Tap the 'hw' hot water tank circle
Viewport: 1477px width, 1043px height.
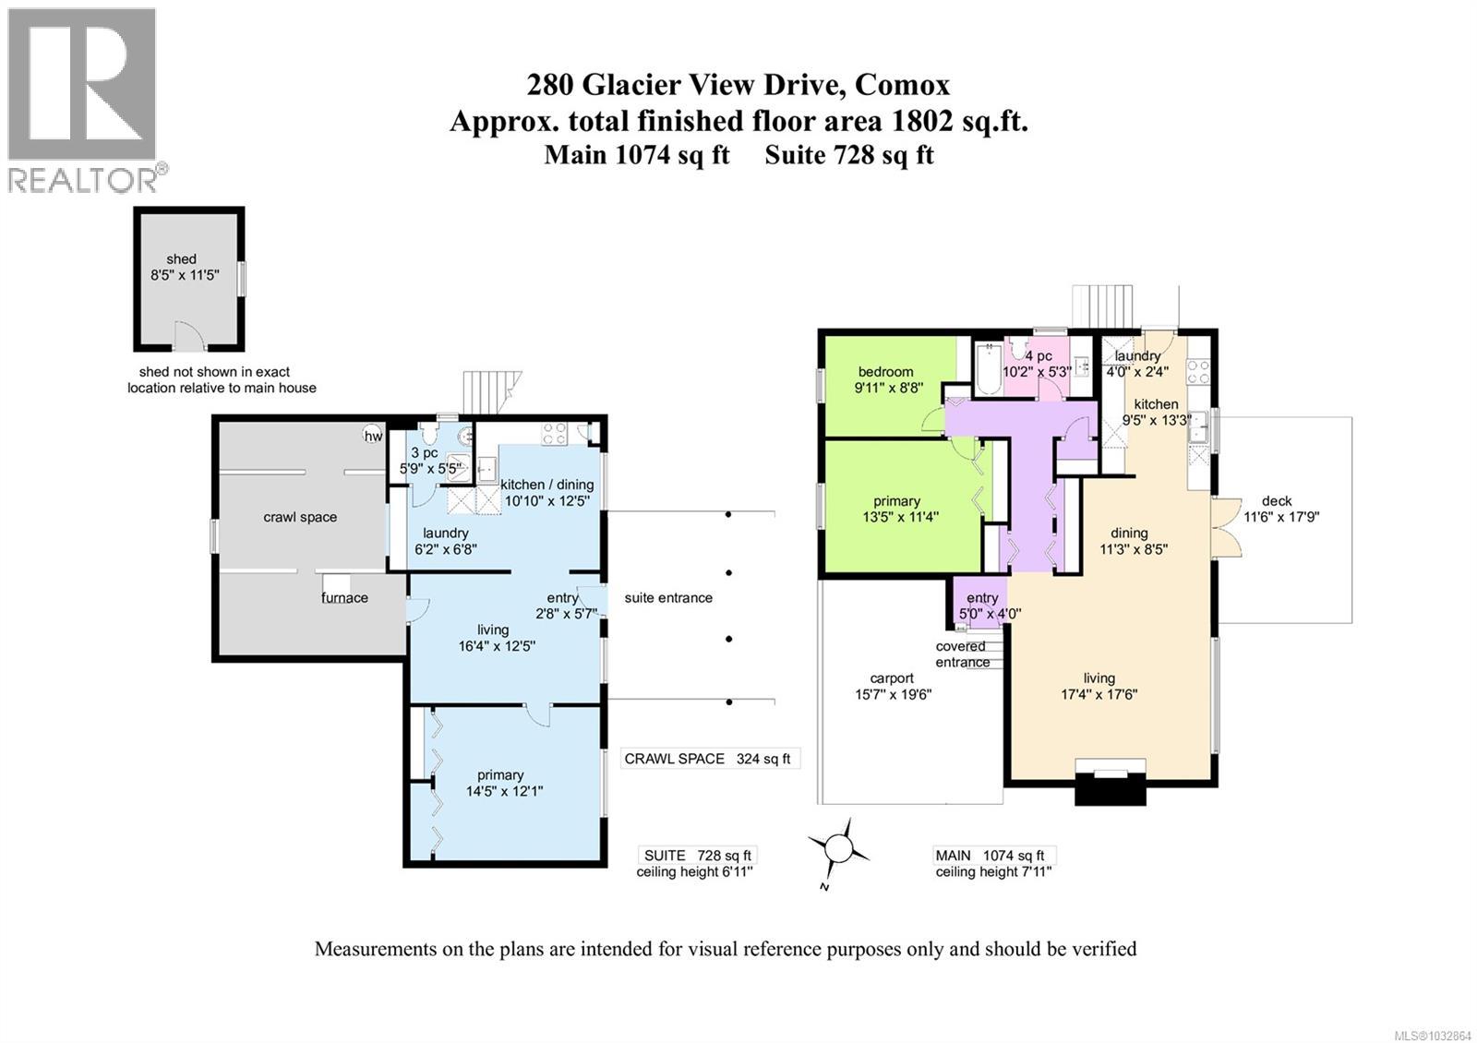tap(373, 436)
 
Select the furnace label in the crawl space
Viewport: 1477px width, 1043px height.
tap(344, 597)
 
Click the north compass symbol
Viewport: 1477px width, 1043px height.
tap(839, 846)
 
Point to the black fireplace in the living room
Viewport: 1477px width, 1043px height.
tap(1111, 786)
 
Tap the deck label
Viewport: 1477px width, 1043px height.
tap(1277, 501)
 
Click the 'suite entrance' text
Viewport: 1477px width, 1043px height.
tap(668, 597)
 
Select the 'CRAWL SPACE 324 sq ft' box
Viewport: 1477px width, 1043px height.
tap(707, 759)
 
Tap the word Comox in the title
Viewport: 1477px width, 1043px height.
tap(902, 85)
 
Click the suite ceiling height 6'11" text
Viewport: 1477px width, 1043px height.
tap(694, 871)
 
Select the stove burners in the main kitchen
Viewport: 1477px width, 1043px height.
tap(1197, 371)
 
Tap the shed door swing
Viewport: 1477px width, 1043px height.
tap(186, 335)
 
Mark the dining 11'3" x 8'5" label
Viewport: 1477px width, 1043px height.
tap(1128, 540)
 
